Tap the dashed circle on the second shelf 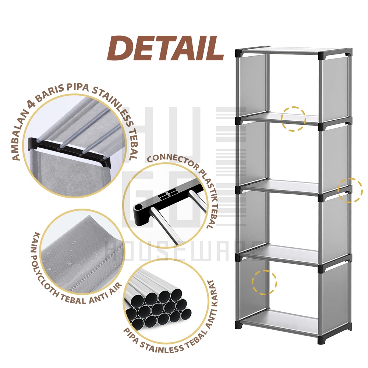click(293, 119)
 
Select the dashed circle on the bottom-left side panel click(264, 282)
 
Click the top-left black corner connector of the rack click(240, 53)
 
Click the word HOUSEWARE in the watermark click(184, 251)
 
